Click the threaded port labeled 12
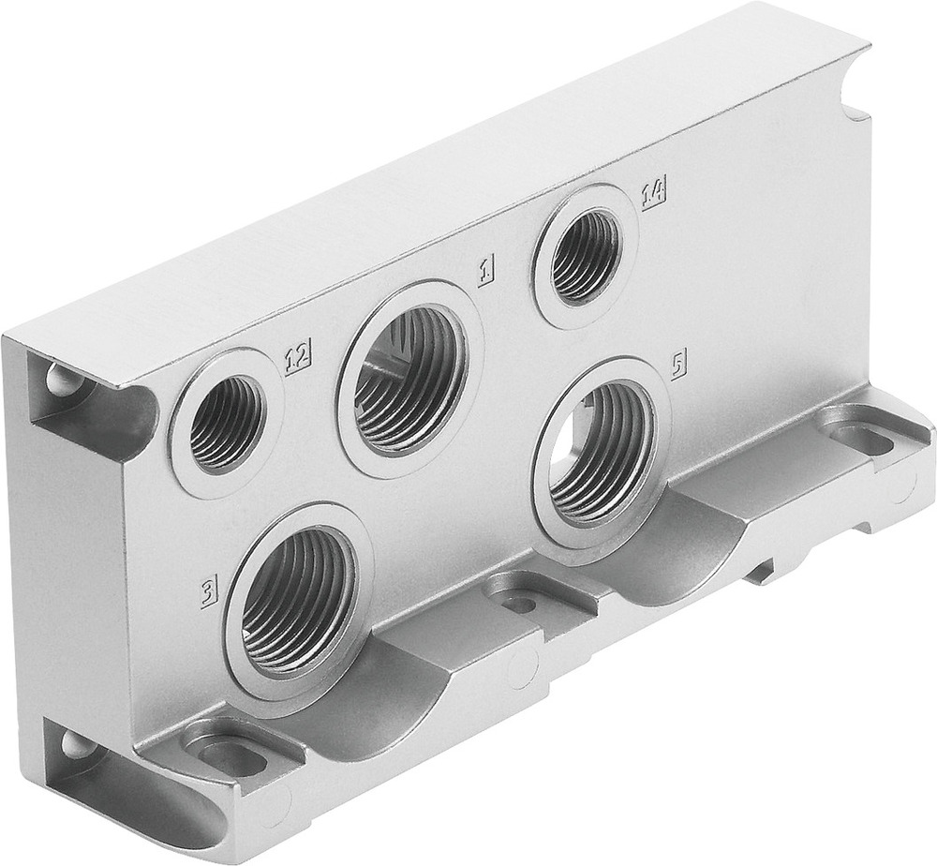pos(226,423)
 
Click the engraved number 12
pos(297,357)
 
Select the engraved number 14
pos(653,193)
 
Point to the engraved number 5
pos(678,362)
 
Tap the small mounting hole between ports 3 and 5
pos(519,603)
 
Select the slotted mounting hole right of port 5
pos(854,436)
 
